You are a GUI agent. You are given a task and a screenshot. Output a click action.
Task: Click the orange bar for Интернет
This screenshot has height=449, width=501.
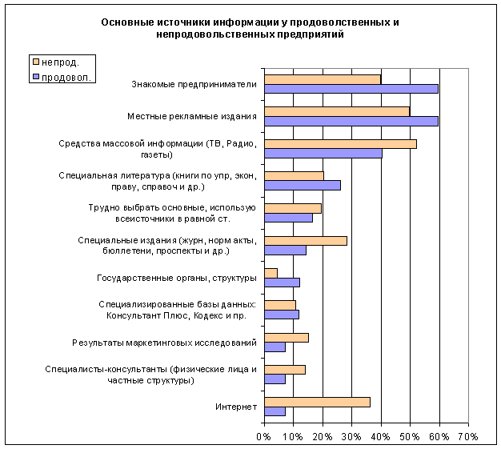click(x=317, y=402)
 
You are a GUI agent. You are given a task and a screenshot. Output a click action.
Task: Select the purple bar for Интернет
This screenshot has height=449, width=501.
click(x=275, y=411)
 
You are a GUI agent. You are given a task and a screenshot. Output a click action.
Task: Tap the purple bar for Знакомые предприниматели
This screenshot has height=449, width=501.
click(x=351, y=88)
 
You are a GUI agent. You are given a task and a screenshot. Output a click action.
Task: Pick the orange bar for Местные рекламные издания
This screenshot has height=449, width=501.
click(x=337, y=111)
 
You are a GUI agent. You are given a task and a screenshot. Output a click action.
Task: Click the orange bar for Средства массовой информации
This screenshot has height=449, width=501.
click(x=340, y=143)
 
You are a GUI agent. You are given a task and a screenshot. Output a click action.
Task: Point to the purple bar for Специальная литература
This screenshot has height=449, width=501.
click(x=303, y=186)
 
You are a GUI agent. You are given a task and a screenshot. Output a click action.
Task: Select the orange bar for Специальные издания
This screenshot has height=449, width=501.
click(x=305, y=240)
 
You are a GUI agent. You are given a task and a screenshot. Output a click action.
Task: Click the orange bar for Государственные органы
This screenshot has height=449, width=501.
click(x=271, y=273)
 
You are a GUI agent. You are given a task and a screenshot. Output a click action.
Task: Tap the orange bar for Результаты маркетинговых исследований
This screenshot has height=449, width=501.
click(x=286, y=337)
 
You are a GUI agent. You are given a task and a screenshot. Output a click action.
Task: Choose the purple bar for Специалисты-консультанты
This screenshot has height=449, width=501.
click(x=275, y=379)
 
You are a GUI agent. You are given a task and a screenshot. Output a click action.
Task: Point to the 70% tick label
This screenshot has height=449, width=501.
click(x=467, y=437)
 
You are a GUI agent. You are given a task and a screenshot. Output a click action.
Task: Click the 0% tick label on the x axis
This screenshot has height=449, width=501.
click(x=263, y=437)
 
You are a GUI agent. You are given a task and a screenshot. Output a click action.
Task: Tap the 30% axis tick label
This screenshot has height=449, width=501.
click(x=351, y=437)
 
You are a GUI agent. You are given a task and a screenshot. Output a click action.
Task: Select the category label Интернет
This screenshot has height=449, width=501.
click(x=236, y=407)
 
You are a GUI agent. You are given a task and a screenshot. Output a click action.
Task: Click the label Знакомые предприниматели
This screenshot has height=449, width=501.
click(x=194, y=83)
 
